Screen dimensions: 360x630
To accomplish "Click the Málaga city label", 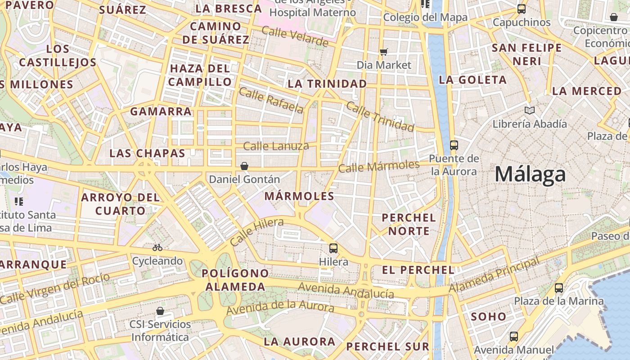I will [x=530, y=174].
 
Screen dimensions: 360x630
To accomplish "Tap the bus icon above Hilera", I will [x=333, y=248].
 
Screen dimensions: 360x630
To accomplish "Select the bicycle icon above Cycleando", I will [x=157, y=247].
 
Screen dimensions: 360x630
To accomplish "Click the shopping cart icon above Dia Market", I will [x=383, y=52].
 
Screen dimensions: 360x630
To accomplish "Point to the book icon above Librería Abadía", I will [x=530, y=110].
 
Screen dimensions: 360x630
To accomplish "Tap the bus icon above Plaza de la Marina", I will [x=558, y=288].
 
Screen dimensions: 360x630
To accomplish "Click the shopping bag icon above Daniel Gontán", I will [x=244, y=166].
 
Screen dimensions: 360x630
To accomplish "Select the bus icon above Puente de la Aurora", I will [x=454, y=145].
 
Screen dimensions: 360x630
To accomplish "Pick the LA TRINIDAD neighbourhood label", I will [x=327, y=84].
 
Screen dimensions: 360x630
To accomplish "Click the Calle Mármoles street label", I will [x=378, y=166].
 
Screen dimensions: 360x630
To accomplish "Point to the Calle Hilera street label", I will [x=256, y=231].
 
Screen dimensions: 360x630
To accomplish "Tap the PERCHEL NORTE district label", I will [x=409, y=224].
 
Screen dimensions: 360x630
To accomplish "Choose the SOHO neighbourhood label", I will [x=489, y=316].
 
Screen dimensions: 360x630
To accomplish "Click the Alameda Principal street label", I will [x=494, y=274].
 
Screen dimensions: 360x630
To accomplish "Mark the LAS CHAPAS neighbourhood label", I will [x=147, y=153].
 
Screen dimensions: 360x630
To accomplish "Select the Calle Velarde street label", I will [x=295, y=36].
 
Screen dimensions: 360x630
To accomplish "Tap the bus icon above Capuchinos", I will [x=521, y=9].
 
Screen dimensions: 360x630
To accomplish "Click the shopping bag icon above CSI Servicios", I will [x=160, y=311].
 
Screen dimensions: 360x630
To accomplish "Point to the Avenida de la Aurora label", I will [x=280, y=309].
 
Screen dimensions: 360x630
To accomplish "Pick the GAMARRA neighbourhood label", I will [x=161, y=111].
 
